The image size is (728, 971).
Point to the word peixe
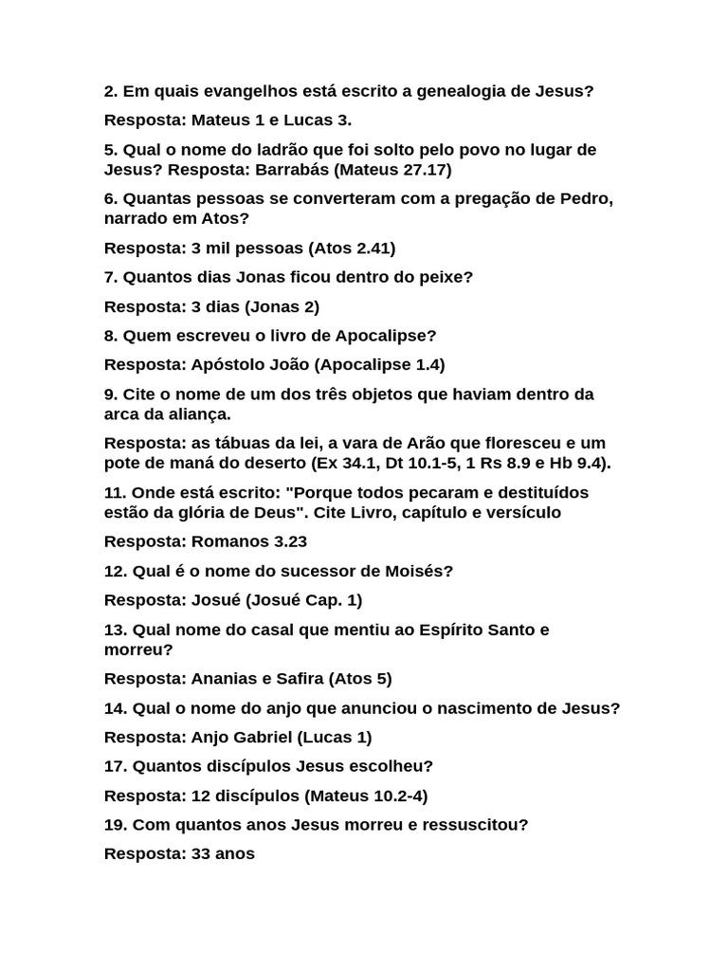pyautogui.click(x=445, y=278)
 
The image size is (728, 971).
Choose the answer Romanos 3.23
pyautogui.click(x=249, y=541)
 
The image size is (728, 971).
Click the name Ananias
pyautogui.click(x=226, y=679)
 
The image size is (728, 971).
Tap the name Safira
pyautogui.click(x=300, y=679)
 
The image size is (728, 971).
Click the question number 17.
pyautogui.click(x=115, y=766)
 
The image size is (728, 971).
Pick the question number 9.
pyautogui.click(x=110, y=394)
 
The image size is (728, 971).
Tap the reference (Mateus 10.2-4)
pyautogui.click(x=366, y=796)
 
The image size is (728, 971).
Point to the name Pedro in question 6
pyautogui.click(x=587, y=199)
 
